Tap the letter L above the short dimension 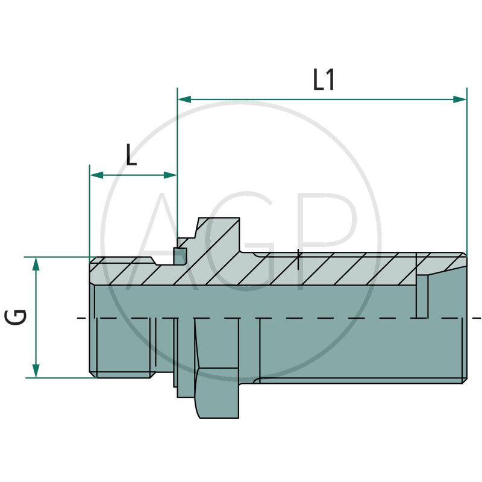[x=131, y=155]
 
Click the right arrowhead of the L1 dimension [x=460, y=99]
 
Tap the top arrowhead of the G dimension [x=36, y=263]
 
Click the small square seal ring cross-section [x=180, y=256]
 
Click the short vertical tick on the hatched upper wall [x=299, y=260]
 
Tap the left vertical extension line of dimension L [x=89, y=211]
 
